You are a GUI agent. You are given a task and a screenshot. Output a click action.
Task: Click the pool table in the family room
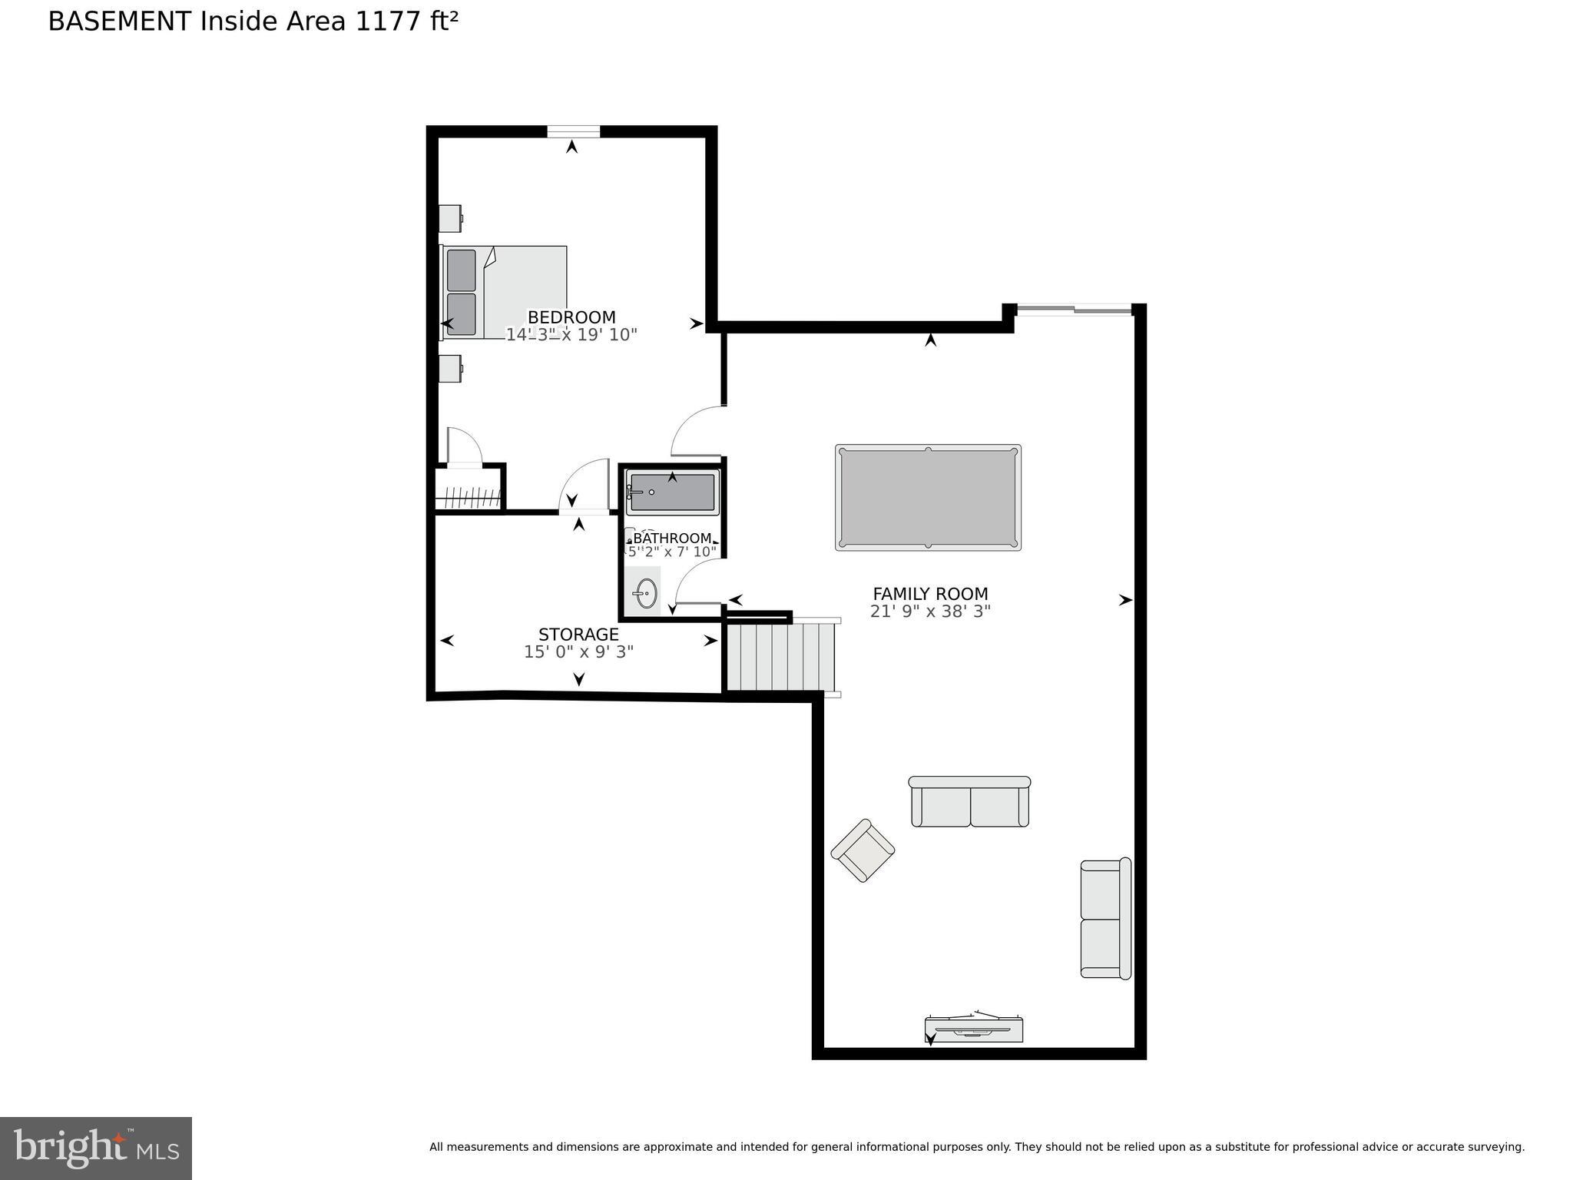tap(928, 497)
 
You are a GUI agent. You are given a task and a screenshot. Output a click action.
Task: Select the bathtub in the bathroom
tap(672, 492)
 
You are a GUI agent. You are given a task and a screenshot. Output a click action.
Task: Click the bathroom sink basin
tap(646, 593)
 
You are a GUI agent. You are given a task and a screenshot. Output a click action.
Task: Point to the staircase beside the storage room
tap(780, 657)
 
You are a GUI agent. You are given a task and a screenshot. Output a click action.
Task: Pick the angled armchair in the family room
tap(863, 850)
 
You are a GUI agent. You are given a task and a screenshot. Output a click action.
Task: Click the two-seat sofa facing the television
tap(969, 803)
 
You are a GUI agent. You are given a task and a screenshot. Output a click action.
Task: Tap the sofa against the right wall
tap(1105, 919)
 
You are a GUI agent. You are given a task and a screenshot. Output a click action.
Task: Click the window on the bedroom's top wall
tap(573, 131)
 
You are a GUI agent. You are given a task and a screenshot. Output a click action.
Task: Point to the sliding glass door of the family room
tap(1074, 310)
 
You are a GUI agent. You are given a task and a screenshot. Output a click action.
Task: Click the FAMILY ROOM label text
tap(930, 594)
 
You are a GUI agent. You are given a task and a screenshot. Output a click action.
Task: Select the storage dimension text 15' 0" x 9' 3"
tap(578, 652)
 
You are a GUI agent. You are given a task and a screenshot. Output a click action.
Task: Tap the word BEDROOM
tap(571, 317)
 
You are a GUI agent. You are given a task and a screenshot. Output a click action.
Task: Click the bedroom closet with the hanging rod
tap(468, 492)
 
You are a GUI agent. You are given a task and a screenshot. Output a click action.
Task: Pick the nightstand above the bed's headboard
tap(450, 218)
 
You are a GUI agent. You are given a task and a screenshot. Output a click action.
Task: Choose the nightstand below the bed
tap(450, 369)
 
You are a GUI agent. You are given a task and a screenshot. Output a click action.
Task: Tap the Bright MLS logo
tap(95, 1148)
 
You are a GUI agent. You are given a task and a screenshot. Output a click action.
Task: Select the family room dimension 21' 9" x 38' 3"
tap(930, 612)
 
